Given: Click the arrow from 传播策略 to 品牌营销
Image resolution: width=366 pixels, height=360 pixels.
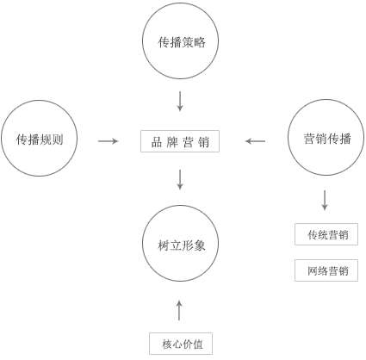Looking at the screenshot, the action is [180, 101].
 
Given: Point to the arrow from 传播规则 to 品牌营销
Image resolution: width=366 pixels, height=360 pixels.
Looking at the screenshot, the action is [108, 141].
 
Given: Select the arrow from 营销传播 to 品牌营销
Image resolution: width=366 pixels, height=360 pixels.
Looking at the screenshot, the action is [255, 141].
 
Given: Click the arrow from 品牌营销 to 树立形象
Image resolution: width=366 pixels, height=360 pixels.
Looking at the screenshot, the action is [180, 180].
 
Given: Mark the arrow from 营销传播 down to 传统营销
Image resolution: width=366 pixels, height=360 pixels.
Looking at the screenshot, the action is [325, 200].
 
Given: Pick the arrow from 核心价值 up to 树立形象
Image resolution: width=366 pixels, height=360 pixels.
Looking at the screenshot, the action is [179, 310].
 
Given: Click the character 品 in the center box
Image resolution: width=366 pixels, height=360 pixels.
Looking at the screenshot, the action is [157, 142].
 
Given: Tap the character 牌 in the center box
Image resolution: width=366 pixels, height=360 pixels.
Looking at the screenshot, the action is [172, 142].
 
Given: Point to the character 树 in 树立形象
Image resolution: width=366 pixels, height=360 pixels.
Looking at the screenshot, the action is [164, 245].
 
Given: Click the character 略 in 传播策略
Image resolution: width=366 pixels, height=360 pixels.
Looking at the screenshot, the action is [200, 42].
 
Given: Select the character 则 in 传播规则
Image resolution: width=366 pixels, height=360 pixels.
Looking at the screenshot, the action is [58, 140].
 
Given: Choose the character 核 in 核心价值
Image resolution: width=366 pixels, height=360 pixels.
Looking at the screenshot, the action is [167, 344].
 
